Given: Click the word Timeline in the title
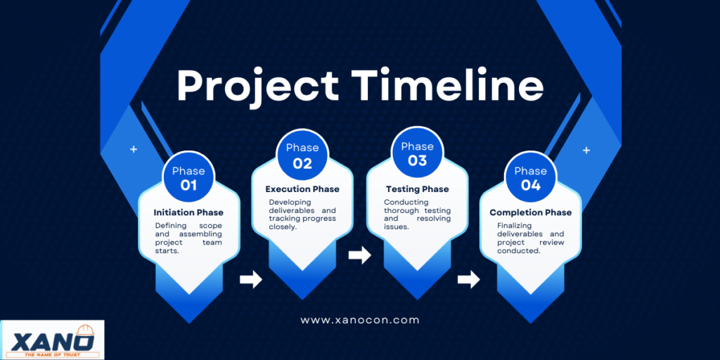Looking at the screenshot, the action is pyautogui.click(x=449, y=85).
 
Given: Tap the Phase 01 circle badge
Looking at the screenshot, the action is pyautogui.click(x=188, y=176).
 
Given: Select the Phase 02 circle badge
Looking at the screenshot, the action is pyautogui.click(x=302, y=155).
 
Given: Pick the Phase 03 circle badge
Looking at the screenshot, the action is pyautogui.click(x=417, y=153).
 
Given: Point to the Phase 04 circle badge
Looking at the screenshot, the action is pyautogui.click(x=530, y=176).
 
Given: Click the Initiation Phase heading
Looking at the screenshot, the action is pyautogui.click(x=188, y=212).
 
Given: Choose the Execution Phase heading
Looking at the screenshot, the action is pyautogui.click(x=302, y=189).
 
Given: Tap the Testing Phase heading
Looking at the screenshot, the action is pyautogui.click(x=417, y=189).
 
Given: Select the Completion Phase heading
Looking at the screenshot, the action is pyautogui.click(x=530, y=212).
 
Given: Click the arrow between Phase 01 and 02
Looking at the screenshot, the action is pyautogui.click(x=251, y=279).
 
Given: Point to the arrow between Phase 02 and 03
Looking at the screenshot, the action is pyautogui.click(x=359, y=255).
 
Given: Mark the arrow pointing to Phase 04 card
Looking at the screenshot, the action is pyautogui.click(x=468, y=279).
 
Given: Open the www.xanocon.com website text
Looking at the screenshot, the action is pyautogui.click(x=359, y=320).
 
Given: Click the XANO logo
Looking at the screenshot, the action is pyautogui.click(x=52, y=340).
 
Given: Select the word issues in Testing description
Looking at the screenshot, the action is pyautogui.click(x=396, y=226).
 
